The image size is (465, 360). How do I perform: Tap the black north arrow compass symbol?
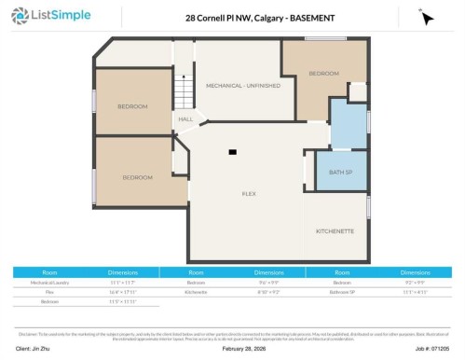point(426,18)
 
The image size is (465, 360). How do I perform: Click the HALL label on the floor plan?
point(185,119)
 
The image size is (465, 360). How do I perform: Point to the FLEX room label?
point(249,193)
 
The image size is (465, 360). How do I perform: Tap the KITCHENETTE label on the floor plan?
point(335,229)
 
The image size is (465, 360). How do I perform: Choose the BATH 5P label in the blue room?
point(340,173)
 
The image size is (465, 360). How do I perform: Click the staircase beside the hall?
point(185,92)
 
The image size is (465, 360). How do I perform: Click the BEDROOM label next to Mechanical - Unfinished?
point(323,73)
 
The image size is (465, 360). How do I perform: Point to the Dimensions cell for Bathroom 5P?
point(416,291)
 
